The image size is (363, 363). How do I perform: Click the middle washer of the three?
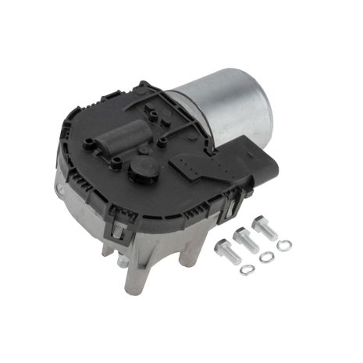coord(267,258)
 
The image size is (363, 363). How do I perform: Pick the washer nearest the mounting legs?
coord(247,271)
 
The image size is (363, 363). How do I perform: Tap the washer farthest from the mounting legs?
coord(284,245)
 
